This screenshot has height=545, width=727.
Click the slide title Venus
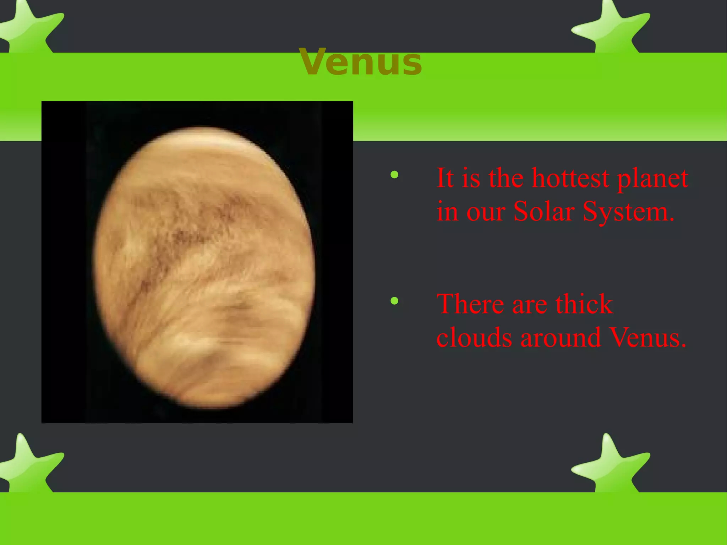pos(360,62)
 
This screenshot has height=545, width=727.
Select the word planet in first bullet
pos(652,178)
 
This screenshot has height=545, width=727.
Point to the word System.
pos(628,212)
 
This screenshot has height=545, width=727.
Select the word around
pos(560,337)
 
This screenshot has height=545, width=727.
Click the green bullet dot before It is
pos(394,175)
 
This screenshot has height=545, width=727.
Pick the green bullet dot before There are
pos(394,301)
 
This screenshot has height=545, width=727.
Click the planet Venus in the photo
pos(204,268)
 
